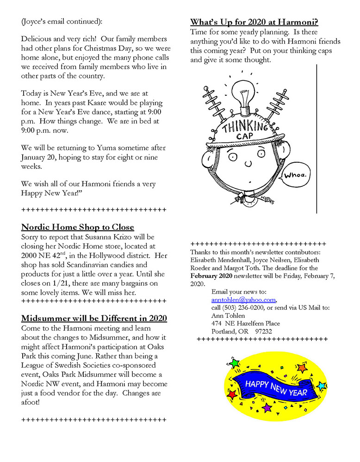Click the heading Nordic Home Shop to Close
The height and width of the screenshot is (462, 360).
point(78,227)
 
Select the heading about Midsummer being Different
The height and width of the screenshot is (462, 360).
point(94,319)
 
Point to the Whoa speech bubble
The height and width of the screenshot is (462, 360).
point(293,176)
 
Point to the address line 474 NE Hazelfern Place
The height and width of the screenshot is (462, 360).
point(245,324)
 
